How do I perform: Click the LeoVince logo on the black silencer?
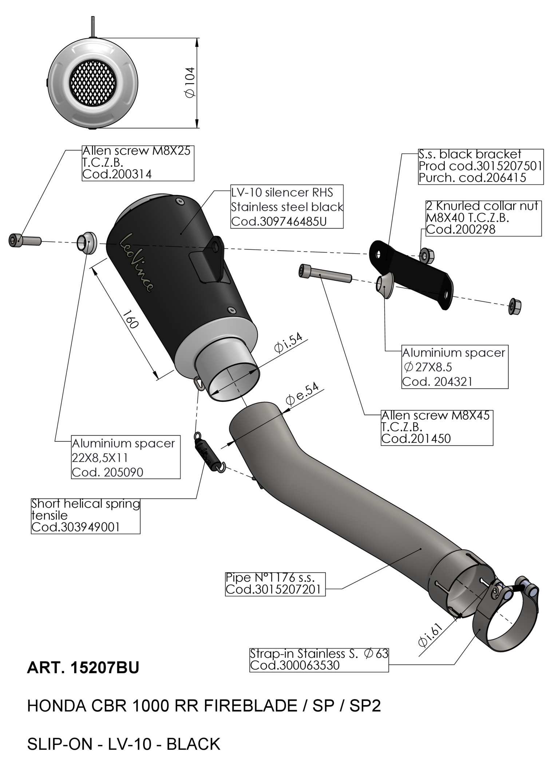pyautogui.click(x=136, y=262)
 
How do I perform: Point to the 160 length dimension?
pyautogui.click(x=130, y=319)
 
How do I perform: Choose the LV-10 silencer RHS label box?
pyautogui.click(x=287, y=207)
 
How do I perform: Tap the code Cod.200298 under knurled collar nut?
pyautogui.click(x=461, y=230)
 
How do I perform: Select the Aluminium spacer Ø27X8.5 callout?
pyautogui.click(x=454, y=367)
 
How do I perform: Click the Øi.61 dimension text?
pyautogui.click(x=430, y=635)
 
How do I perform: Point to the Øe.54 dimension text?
pyautogui.click(x=302, y=394)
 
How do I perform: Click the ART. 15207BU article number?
pyautogui.click(x=83, y=668)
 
